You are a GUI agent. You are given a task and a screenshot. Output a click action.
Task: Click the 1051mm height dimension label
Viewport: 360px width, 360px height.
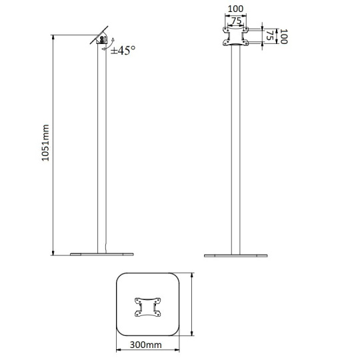[45, 143]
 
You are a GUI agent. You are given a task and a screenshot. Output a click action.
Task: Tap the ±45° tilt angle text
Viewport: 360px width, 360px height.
[123, 50]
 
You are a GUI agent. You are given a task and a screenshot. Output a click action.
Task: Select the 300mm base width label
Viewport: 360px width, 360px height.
[145, 345]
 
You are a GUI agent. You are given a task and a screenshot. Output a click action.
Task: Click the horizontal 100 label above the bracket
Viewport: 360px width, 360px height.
[235, 9]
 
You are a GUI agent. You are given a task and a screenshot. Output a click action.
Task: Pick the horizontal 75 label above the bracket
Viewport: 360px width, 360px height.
[236, 21]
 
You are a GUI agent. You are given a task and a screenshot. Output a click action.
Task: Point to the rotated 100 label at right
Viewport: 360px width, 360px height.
[284, 36]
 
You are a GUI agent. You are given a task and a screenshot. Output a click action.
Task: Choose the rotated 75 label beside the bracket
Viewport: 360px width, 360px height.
[270, 35]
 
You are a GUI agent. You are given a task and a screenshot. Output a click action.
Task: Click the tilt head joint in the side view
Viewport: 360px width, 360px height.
[102, 39]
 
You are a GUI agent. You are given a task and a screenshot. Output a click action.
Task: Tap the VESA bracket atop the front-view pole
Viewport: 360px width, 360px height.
[235, 36]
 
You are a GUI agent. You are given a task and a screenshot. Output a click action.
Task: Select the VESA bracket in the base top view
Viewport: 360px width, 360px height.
[147, 307]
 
